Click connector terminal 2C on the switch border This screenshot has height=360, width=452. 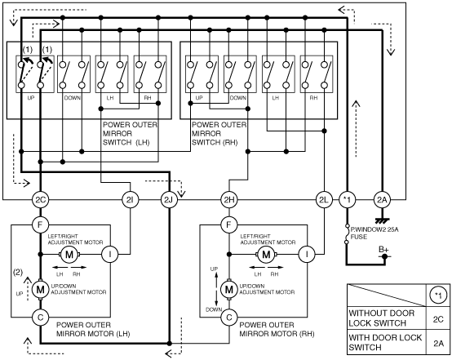[x=40, y=200]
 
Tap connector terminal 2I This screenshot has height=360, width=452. [x=131, y=200]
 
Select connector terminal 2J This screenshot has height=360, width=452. [x=169, y=200]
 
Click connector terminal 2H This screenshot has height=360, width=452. [x=229, y=200]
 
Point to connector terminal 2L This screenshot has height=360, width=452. [x=324, y=200]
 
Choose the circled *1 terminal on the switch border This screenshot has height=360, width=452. [x=347, y=200]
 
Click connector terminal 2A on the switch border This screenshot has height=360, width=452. [x=382, y=200]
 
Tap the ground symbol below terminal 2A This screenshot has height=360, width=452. [x=382, y=221]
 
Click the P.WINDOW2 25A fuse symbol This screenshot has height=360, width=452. [x=347, y=234]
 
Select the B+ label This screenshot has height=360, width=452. [x=383, y=250]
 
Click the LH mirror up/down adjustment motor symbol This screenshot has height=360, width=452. [x=40, y=289]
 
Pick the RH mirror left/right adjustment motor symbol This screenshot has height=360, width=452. [x=266, y=255]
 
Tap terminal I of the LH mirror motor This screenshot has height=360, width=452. [x=110, y=255]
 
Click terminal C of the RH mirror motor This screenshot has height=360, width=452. [x=229, y=318]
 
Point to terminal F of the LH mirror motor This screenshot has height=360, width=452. [x=40, y=224]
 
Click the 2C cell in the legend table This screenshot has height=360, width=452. [x=438, y=319]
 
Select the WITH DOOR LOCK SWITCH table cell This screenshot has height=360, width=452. [x=387, y=342]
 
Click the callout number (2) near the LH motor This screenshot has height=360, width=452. [x=18, y=272]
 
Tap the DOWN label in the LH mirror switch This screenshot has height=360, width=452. [x=73, y=98]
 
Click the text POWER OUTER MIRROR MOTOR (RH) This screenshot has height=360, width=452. [x=277, y=330]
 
